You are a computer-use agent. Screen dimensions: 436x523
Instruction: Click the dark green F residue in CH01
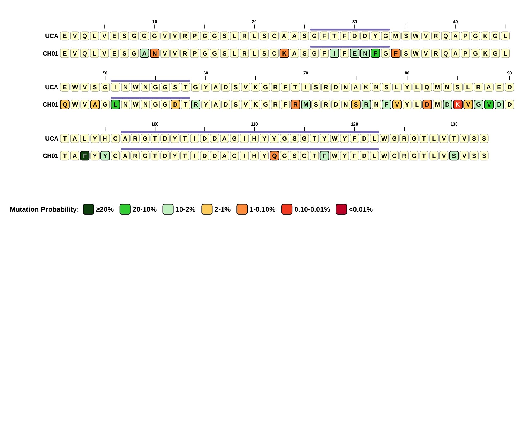point(85,156)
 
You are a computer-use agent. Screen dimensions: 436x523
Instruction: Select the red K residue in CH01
point(457,105)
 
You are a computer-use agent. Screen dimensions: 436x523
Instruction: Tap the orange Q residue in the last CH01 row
point(274,156)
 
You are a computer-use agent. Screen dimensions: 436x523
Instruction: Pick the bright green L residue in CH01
point(115,105)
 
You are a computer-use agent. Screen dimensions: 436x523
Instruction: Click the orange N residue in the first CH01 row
point(155,53)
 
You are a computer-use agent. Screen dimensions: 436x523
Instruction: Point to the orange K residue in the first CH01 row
point(284,53)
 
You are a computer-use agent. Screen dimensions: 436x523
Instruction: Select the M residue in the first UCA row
point(396,36)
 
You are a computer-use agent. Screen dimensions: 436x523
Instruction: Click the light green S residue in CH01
point(454,156)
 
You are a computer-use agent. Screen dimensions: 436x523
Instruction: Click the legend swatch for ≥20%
point(88,209)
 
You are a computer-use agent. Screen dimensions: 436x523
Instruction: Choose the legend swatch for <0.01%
point(341,209)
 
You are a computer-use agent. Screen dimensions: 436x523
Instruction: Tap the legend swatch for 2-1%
point(207,209)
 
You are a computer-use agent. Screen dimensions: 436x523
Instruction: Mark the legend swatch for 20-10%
point(125,209)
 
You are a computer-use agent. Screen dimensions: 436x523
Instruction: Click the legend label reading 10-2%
point(185,209)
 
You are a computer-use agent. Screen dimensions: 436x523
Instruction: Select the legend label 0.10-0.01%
point(312,209)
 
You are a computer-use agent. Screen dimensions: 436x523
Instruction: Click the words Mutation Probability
point(44,209)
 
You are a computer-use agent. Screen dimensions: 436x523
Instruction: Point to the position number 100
point(155,124)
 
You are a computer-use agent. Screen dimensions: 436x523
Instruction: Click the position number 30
point(355,22)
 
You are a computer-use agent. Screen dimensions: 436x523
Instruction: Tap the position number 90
point(509,73)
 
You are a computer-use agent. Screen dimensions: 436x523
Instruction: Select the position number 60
point(206,73)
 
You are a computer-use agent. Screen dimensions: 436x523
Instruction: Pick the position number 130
point(454,124)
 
